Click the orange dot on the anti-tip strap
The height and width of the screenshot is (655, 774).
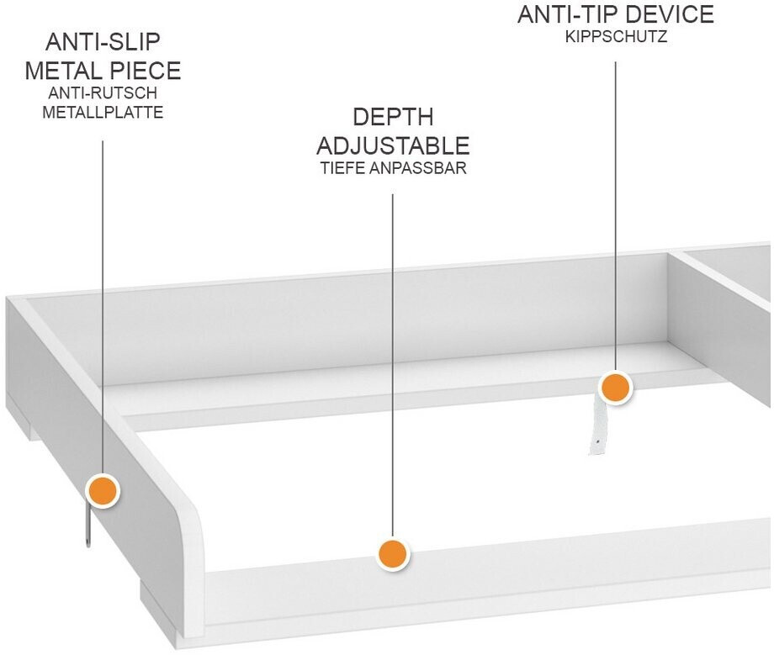point(616,388)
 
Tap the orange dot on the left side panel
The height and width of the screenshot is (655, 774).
point(103,490)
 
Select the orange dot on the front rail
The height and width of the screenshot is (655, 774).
point(392,554)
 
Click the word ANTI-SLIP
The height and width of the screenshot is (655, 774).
point(103,42)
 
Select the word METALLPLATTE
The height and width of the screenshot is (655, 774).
point(103,112)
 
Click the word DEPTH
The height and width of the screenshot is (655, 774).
point(393,117)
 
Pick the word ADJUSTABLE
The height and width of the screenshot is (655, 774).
point(393,145)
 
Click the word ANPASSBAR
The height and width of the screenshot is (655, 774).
point(419,167)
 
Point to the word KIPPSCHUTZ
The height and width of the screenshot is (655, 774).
point(616,38)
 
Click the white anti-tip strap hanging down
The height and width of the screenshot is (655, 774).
point(598,428)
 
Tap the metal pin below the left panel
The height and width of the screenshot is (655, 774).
point(87,526)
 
